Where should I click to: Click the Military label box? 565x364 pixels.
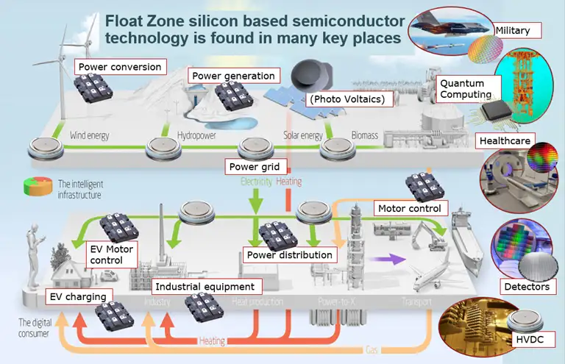[517, 30]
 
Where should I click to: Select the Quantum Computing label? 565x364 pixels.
[466, 88]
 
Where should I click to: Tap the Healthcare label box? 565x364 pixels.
[503, 140]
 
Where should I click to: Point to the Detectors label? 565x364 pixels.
[526, 286]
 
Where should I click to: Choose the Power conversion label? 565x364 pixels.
[119, 67]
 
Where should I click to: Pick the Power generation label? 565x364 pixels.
[232, 76]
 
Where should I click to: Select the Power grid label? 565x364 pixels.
[254, 166]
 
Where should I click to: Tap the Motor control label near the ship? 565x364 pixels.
[410, 208]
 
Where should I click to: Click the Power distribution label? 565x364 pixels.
[289, 255]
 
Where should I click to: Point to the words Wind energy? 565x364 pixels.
[91, 136]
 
